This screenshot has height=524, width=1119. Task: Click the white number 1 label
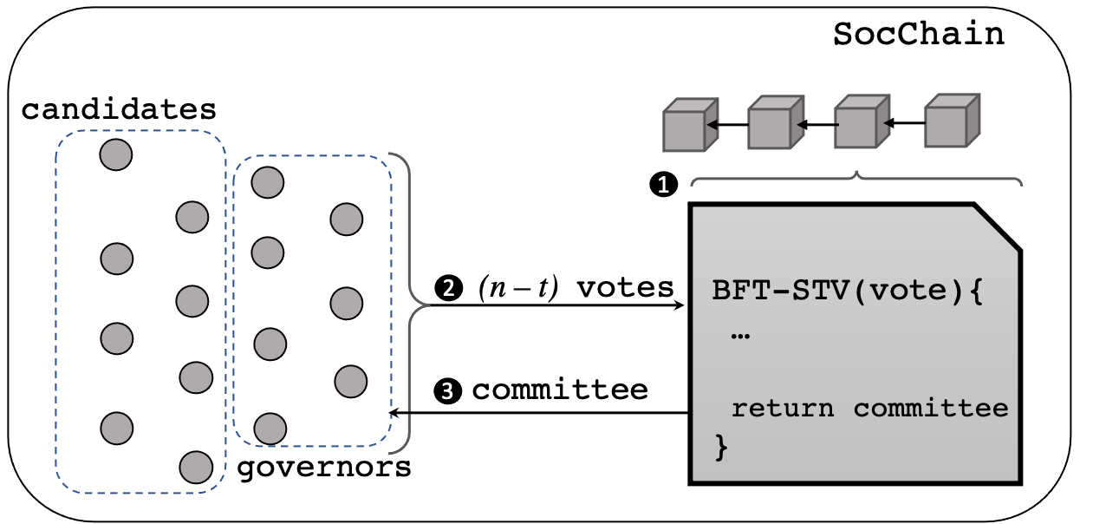[x=663, y=185]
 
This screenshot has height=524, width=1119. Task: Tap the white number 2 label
[x=448, y=288]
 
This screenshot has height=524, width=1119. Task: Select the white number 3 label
[x=447, y=391]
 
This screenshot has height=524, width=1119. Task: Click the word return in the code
[x=783, y=408]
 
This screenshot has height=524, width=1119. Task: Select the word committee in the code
[x=931, y=408]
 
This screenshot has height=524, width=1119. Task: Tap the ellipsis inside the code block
[x=739, y=335]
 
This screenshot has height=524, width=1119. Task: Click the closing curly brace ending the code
[x=720, y=447]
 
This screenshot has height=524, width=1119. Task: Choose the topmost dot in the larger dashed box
[x=116, y=154]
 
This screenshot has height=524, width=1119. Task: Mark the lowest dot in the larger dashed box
[x=196, y=468]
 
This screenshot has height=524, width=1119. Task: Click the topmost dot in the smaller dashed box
[x=267, y=182]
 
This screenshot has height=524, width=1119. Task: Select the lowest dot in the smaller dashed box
[x=270, y=429]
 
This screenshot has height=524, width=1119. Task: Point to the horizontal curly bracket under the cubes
[x=856, y=179]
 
